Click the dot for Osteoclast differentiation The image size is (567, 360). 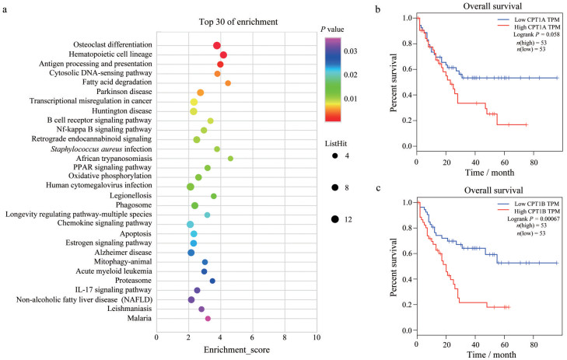pos(217,46)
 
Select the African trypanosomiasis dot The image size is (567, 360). pos(230,159)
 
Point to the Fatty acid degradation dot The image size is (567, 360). pos(228,83)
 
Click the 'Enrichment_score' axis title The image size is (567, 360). pos(236,351)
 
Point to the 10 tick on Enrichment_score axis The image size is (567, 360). pos(317,338)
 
